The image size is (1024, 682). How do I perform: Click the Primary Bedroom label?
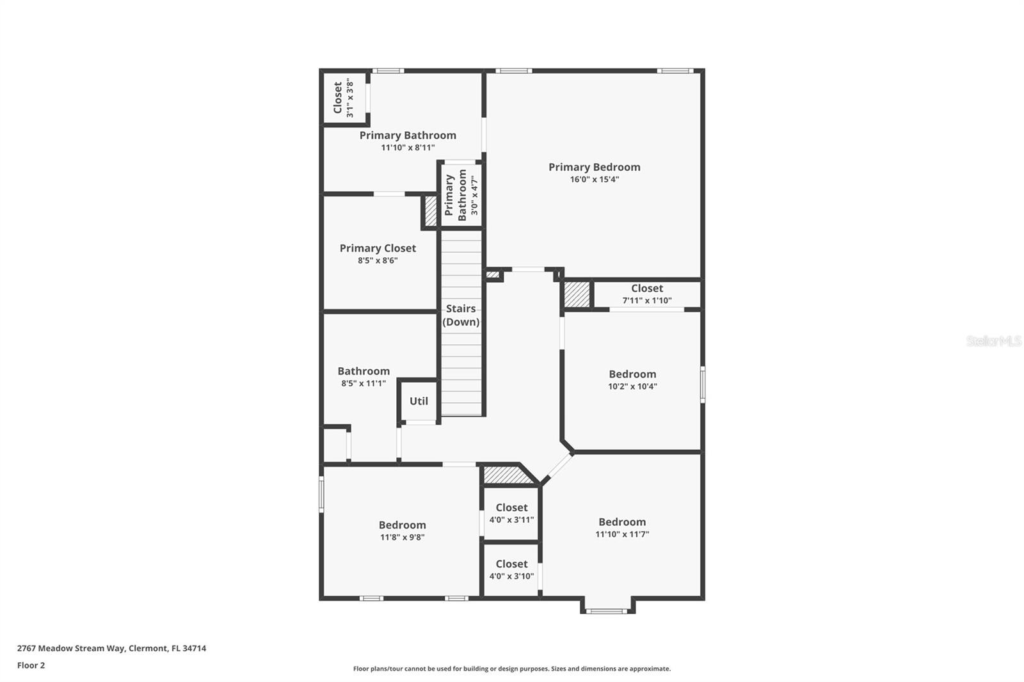click(x=594, y=167)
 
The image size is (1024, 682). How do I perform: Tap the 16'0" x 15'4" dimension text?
click(x=594, y=180)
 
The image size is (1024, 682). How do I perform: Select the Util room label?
click(x=419, y=401)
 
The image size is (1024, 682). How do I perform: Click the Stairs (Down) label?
click(x=461, y=315)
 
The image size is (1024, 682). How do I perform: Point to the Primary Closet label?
click(x=378, y=248)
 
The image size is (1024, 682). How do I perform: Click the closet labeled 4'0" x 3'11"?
click(x=511, y=513)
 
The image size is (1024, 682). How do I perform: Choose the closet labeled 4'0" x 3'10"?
click(x=511, y=569)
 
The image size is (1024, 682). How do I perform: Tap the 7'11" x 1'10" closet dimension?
click(x=647, y=301)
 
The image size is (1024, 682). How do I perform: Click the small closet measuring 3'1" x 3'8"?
click(x=344, y=99)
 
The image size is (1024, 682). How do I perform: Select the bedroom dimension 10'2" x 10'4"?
click(x=632, y=386)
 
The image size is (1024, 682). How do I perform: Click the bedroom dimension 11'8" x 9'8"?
click(x=402, y=537)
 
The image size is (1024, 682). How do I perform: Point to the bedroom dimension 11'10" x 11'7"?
click(x=622, y=534)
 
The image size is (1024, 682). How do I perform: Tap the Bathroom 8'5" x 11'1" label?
click(x=364, y=377)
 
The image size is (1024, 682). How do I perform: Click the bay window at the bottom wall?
click(x=607, y=611)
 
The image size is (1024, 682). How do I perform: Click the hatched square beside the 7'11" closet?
click(x=576, y=294)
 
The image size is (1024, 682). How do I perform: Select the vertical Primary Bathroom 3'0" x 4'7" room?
click(x=461, y=195)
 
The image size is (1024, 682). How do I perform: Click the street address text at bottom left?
click(x=111, y=648)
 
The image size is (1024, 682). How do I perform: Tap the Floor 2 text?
click(x=31, y=665)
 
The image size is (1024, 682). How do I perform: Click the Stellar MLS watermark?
click(x=993, y=341)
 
